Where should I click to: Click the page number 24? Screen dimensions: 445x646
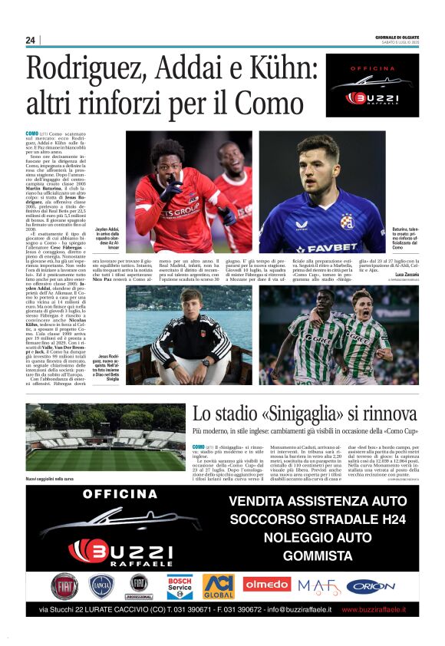[x=31, y=40]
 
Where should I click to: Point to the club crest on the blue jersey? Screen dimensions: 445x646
[x=347, y=221]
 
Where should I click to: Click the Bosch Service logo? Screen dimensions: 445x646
[x=180, y=586]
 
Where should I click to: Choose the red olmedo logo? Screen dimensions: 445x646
[x=267, y=585]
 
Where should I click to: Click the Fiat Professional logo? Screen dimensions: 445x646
[x=140, y=586]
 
